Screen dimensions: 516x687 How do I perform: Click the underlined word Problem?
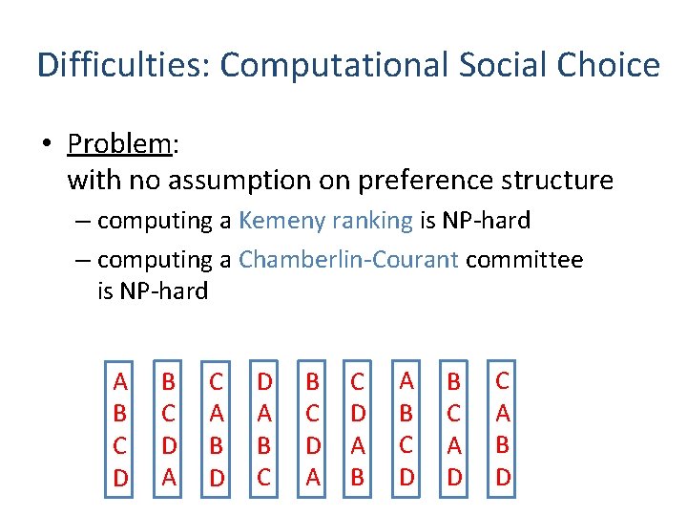pos(118,144)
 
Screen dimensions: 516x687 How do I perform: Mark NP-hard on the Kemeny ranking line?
pos(487,221)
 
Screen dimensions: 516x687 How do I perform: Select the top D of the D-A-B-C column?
pos(265,382)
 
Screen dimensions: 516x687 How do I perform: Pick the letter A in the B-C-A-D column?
pos(454,445)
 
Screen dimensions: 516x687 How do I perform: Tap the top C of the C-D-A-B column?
pos(358,382)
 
